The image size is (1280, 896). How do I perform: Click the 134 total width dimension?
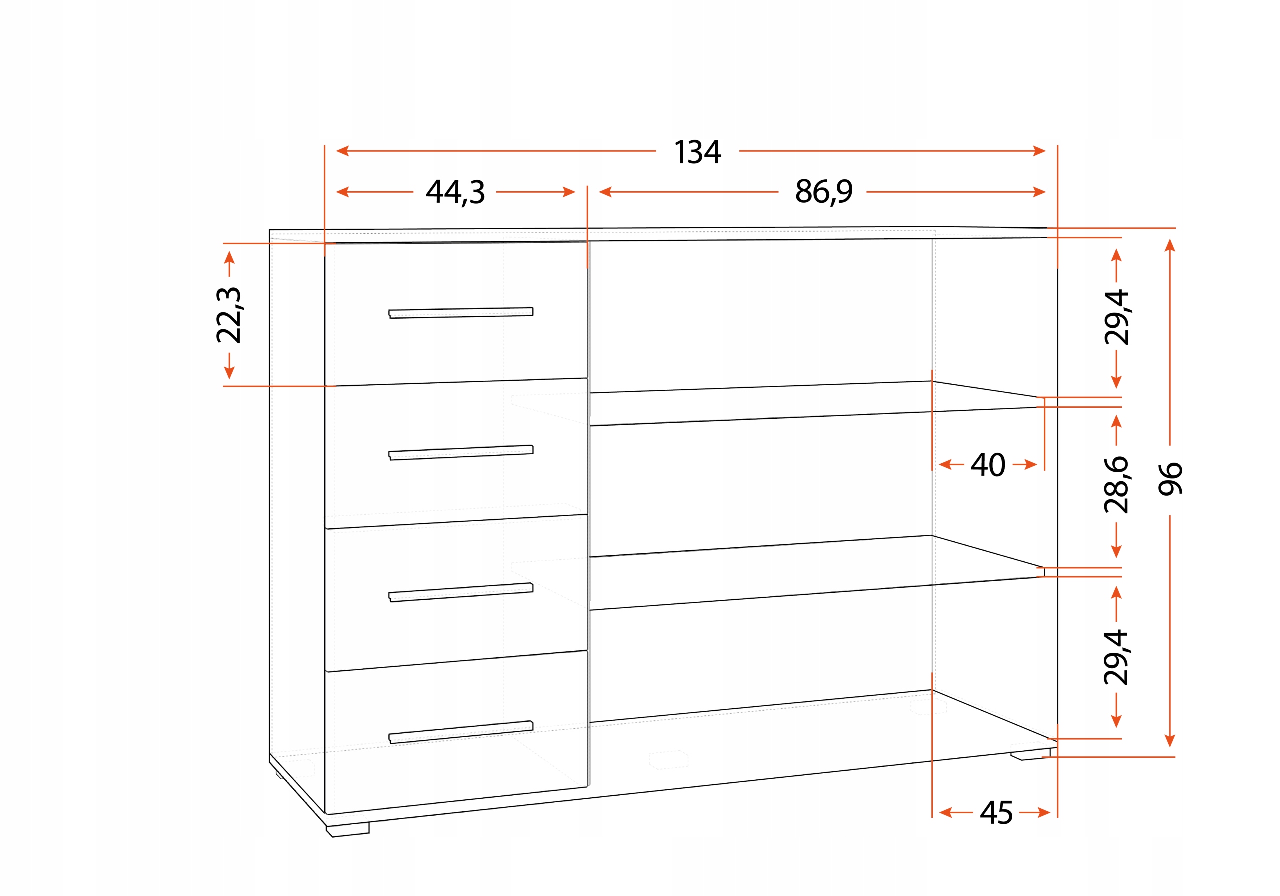pyautogui.click(x=697, y=151)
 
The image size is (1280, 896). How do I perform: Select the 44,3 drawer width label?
pyautogui.click(x=455, y=192)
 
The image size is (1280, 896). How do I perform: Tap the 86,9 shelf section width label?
pyautogui.click(x=823, y=192)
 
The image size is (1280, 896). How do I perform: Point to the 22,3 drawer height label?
pyautogui.click(x=229, y=315)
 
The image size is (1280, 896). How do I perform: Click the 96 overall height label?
pyautogui.click(x=1170, y=479)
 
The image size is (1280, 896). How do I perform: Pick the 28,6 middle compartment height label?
pyautogui.click(x=1116, y=484)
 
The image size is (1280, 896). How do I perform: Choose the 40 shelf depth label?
pyautogui.click(x=988, y=464)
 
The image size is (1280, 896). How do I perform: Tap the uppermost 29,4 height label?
pyautogui.click(x=1116, y=318)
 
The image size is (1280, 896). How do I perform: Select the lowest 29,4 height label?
pyautogui.click(x=1116, y=658)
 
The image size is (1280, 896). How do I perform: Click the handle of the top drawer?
pyautogui.click(x=461, y=313)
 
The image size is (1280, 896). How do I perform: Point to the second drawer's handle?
pyautogui.click(x=461, y=452)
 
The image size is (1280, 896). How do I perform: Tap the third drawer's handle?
pyautogui.click(x=461, y=592)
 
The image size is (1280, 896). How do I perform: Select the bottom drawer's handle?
pyautogui.click(x=461, y=732)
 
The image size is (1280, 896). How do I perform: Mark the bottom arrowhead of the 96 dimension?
pyautogui.click(x=1170, y=741)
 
